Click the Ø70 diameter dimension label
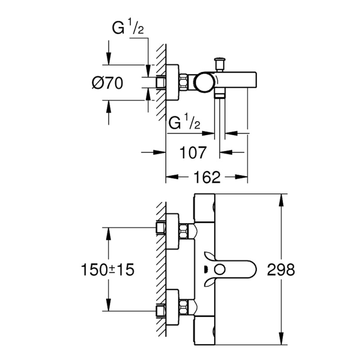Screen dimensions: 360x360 [107, 83]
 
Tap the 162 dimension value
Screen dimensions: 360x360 [208, 177]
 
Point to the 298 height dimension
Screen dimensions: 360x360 [281, 270]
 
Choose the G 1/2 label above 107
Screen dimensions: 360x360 [184, 123]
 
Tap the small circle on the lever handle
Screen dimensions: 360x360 [220, 270]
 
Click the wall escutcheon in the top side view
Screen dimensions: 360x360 [172, 83]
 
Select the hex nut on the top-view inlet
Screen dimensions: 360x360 [184, 83]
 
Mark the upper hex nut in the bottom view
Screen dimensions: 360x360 [184, 231]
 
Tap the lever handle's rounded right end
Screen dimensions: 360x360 [252, 270]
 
